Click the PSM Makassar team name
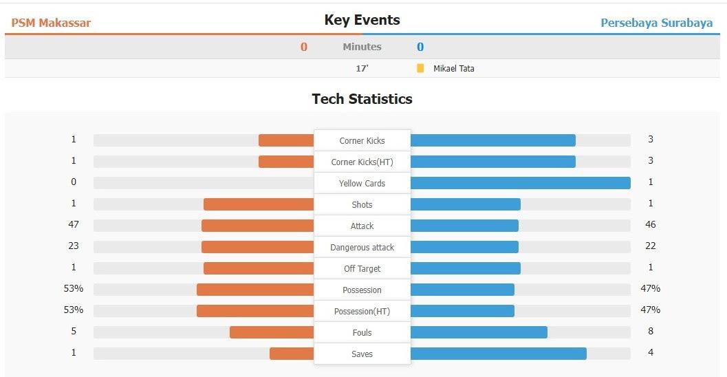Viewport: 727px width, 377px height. (51, 23)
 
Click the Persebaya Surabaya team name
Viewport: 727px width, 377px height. (656, 23)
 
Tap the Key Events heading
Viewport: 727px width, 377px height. (362, 21)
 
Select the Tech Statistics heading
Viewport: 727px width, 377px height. (362, 99)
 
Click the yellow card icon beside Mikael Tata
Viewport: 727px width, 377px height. (420, 68)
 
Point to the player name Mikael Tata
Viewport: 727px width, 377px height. (453, 69)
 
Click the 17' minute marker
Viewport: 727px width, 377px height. (362, 69)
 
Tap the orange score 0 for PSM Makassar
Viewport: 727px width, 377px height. (304, 47)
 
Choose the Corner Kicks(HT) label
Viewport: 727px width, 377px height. (362, 162)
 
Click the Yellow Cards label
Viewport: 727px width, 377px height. (362, 184)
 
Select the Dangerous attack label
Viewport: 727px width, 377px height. (362, 248)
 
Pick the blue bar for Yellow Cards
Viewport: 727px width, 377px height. (520, 183)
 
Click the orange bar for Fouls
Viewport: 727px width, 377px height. (272, 332)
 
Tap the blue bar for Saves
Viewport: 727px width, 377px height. (498, 354)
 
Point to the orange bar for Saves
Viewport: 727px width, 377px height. (292, 354)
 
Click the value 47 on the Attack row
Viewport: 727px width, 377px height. (74, 225)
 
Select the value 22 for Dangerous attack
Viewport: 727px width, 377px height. (651, 246)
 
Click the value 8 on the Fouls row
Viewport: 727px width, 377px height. (651, 332)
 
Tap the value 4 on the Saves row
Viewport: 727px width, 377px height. (651, 353)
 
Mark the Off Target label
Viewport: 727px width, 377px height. (362, 269)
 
